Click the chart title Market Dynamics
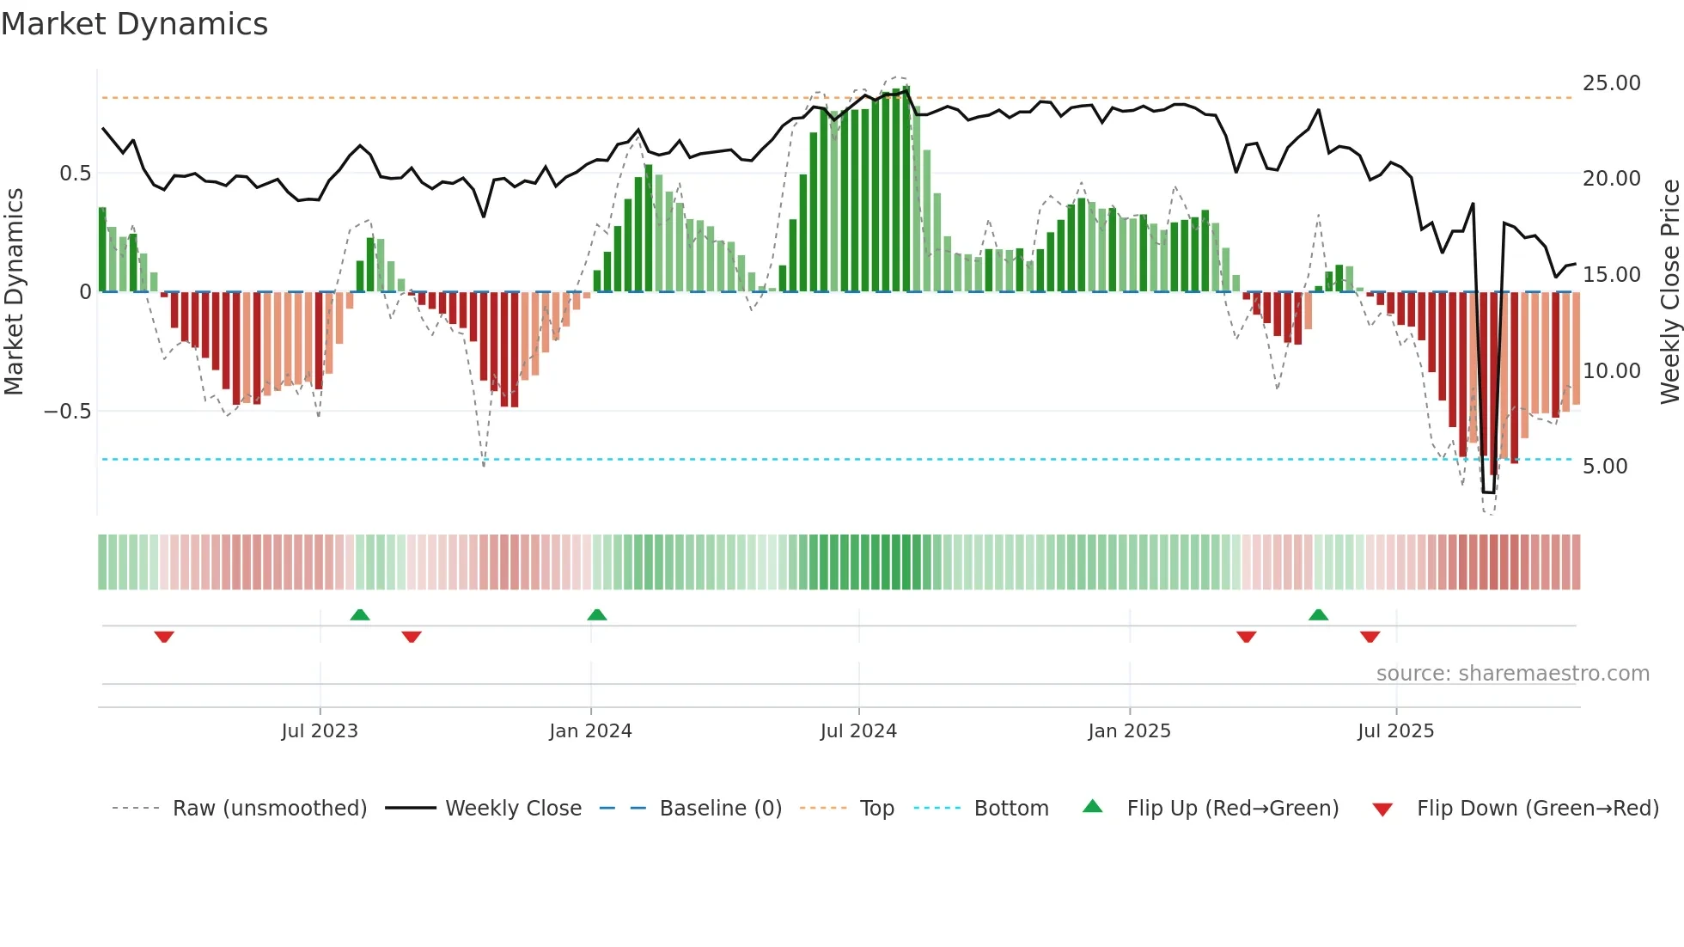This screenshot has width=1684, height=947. coord(134,24)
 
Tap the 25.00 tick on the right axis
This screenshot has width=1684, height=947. coord(1611,83)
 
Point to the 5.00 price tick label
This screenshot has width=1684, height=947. coord(1605,467)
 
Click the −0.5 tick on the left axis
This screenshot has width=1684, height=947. coord(67,412)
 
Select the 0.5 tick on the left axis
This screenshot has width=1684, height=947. coord(75,174)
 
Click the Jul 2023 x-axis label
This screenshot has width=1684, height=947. coord(320,731)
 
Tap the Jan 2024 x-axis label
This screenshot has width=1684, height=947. coord(590,731)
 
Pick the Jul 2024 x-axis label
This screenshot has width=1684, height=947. coord(858,731)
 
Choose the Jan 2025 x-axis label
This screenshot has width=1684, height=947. coord(1129,731)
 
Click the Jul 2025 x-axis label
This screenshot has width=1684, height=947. coord(1395,731)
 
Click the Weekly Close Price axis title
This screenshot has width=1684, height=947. coord(1669,292)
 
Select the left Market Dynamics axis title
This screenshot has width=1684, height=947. coord(14,292)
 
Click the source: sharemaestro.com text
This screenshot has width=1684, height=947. coord(1512,674)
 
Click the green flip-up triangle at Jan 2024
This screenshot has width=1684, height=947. coord(596,614)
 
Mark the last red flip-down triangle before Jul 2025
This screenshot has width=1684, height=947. coord(1370,637)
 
